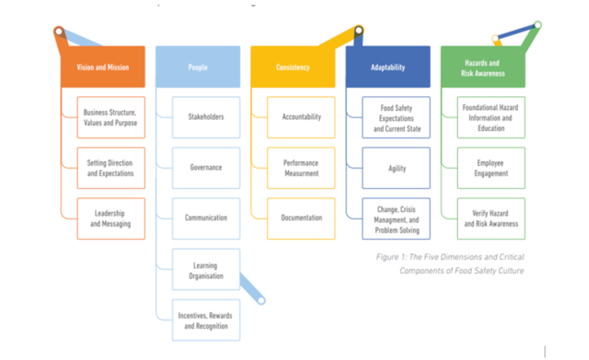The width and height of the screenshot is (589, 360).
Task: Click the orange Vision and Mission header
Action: (103, 67)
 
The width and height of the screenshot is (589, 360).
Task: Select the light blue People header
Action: (198, 67)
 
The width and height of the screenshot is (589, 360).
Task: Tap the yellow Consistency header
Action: (293, 67)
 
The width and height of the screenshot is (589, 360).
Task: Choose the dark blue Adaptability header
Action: (388, 67)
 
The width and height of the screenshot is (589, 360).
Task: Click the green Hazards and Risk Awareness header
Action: (482, 68)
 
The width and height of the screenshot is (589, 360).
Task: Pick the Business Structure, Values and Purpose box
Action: (111, 117)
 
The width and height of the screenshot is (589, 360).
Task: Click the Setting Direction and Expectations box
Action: (111, 168)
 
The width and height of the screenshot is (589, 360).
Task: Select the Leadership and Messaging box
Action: (111, 219)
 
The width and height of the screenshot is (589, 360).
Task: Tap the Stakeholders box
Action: (205, 117)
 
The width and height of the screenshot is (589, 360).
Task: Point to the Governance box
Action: (205, 168)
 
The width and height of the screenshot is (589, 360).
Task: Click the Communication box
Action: (205, 218)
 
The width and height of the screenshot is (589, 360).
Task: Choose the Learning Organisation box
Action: (205, 270)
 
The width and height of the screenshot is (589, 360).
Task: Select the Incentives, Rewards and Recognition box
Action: (205, 320)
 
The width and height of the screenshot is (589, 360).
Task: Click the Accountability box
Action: (301, 117)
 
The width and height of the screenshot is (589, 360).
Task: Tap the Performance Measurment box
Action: (301, 168)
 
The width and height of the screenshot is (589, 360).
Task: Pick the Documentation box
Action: (301, 218)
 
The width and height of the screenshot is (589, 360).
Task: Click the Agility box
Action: (397, 168)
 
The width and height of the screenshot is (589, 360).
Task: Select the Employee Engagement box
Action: (491, 168)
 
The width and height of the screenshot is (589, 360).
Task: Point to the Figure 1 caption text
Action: (450, 264)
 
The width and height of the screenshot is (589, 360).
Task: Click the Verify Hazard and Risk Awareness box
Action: (491, 219)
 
